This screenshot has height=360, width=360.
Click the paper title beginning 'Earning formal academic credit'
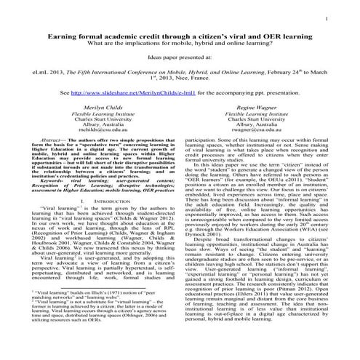coord(180,35)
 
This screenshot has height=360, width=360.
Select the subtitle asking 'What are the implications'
coord(180,42)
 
